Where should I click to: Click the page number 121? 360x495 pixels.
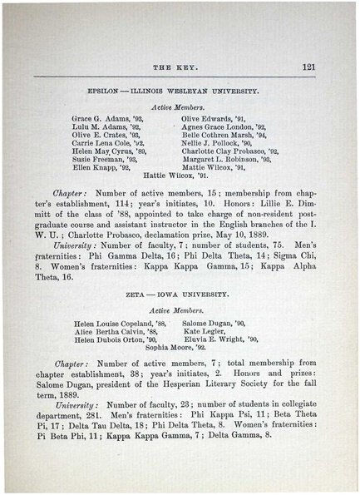coord(308,67)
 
